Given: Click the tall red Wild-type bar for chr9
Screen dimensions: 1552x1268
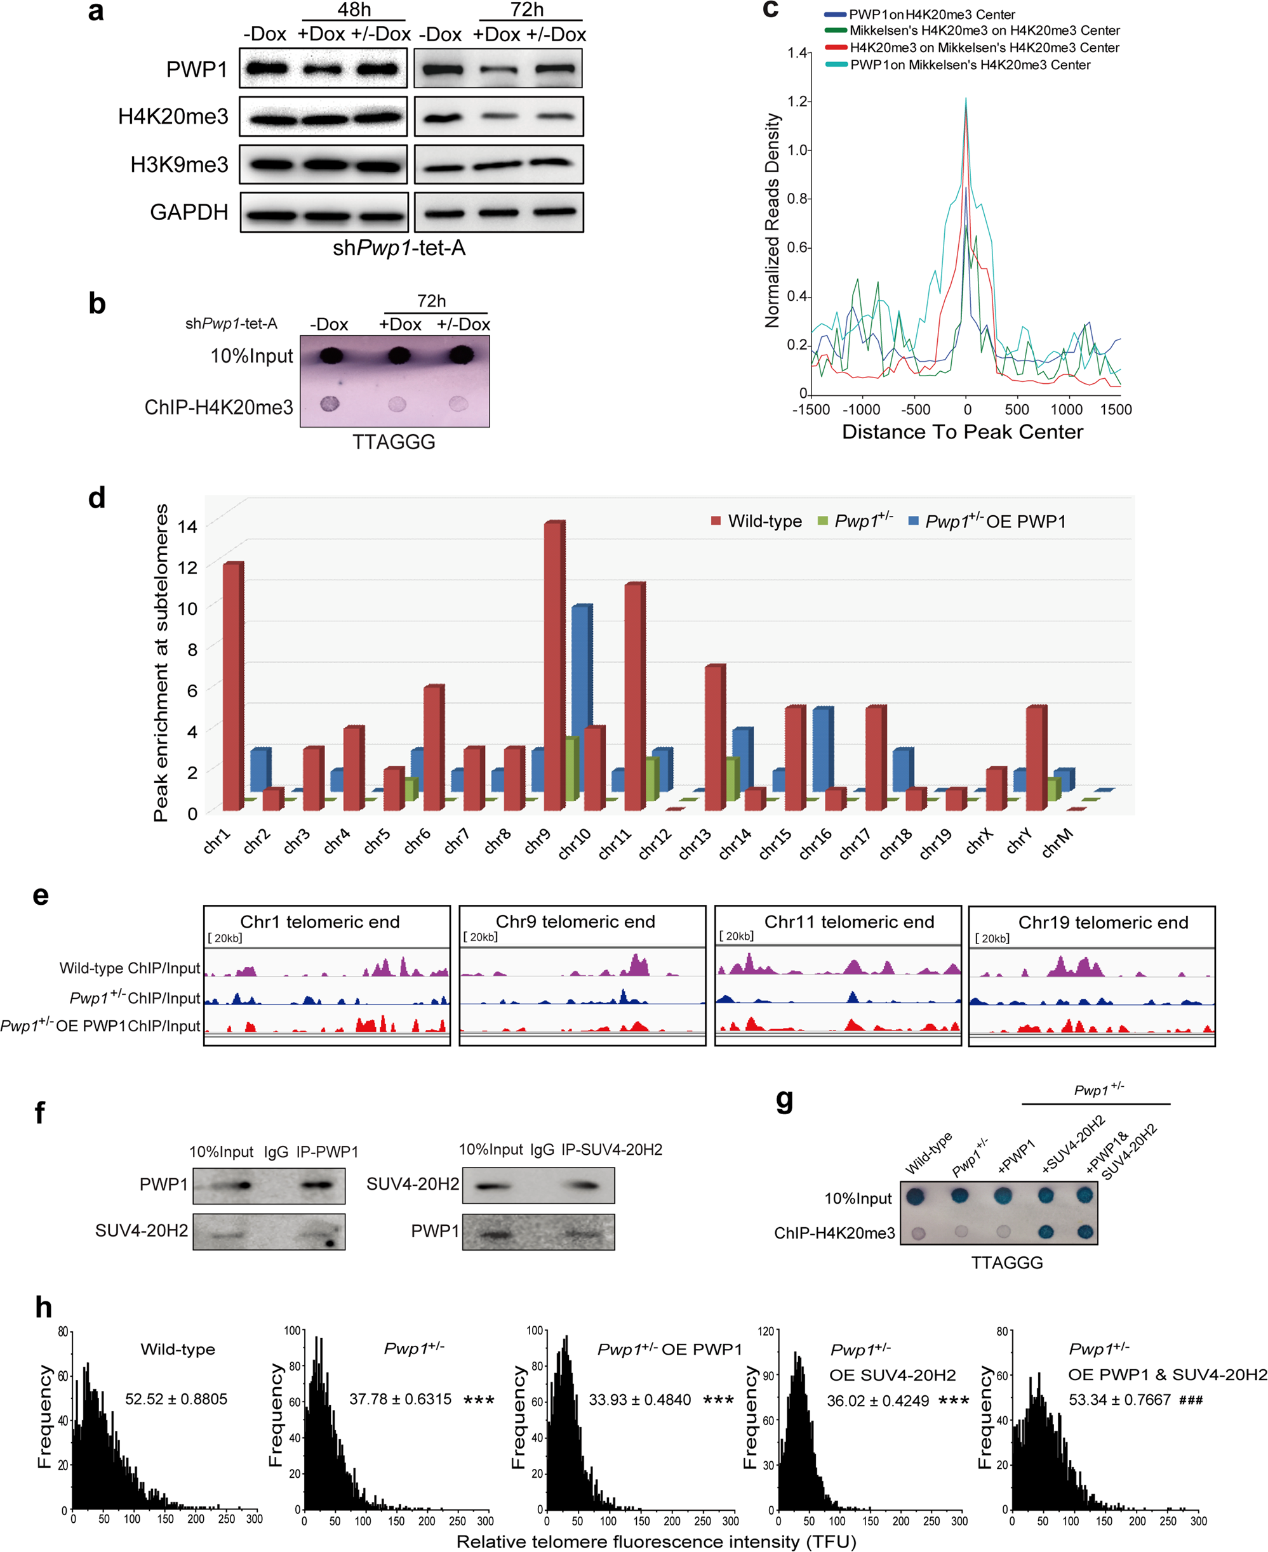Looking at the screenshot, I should (554, 664).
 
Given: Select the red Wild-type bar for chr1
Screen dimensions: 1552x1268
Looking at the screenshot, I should (232, 686).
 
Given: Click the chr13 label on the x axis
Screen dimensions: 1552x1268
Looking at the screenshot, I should (695, 844).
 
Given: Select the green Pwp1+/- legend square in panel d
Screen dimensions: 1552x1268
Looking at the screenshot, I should (823, 521).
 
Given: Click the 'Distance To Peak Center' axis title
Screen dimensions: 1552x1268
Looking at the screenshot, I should (962, 432).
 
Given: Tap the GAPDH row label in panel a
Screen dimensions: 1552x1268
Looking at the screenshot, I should (189, 213).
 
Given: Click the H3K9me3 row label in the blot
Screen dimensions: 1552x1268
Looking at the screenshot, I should (179, 165).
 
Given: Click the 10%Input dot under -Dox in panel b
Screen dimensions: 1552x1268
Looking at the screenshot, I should (331, 355).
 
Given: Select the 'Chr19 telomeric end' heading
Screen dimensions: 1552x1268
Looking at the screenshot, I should (1103, 923).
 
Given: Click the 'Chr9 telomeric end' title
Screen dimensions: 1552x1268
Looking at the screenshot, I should (575, 922).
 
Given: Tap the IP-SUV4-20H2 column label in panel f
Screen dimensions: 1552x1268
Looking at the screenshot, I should (611, 1150).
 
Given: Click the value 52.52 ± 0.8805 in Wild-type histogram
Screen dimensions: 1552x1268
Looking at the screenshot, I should (176, 1398).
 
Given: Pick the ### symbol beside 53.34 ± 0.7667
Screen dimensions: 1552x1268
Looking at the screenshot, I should (1191, 1400).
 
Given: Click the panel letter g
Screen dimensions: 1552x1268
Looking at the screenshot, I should (784, 1099).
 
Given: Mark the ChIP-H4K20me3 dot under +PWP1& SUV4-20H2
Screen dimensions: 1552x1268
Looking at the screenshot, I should (1084, 1232).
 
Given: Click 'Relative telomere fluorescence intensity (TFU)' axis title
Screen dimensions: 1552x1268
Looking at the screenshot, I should (656, 1541).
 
